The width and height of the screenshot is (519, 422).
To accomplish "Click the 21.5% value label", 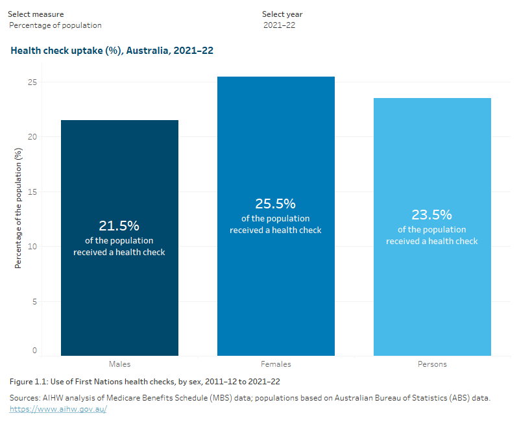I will click(x=119, y=226).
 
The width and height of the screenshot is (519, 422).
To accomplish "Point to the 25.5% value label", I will click(x=276, y=204).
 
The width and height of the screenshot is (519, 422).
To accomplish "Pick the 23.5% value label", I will click(x=432, y=215).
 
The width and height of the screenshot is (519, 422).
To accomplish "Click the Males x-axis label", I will click(x=119, y=364).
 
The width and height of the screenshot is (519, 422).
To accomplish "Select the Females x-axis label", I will click(x=276, y=364).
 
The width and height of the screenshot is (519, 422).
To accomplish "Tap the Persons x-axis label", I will click(x=432, y=364).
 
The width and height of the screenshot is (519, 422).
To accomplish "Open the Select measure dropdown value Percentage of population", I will click(x=56, y=25).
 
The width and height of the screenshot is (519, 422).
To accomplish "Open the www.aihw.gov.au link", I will click(x=58, y=410).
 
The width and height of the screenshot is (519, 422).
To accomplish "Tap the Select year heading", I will click(x=282, y=14).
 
